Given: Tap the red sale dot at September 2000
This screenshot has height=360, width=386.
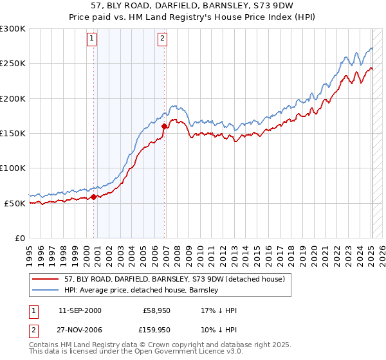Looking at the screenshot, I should pyautogui.click(x=94, y=197).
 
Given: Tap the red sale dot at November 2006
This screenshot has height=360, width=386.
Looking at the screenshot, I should pyautogui.click(x=165, y=127).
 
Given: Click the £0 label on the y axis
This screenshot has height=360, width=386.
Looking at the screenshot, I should pyautogui.click(x=19, y=238).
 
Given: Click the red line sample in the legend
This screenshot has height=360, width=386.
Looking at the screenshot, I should pyautogui.click(x=46, y=279).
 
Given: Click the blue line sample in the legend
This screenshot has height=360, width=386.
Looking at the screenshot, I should pyautogui.click(x=46, y=290).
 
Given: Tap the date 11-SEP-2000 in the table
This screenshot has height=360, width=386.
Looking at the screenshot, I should pyautogui.click(x=80, y=310).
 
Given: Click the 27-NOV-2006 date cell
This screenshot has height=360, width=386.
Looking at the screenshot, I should pyautogui.click(x=80, y=330).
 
